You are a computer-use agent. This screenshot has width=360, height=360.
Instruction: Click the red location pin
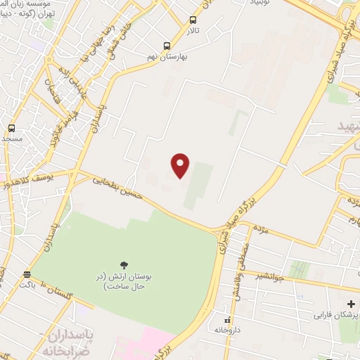tap(181, 165)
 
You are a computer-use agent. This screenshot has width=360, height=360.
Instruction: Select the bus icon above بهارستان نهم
tap(167, 46)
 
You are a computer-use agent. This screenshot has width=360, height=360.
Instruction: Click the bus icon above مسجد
tap(11, 128)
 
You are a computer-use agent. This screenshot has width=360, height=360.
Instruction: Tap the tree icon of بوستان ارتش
tap(124, 265)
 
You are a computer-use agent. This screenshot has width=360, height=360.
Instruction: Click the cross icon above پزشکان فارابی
tap(352, 303)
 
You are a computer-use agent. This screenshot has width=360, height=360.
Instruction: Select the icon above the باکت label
tap(27, 274)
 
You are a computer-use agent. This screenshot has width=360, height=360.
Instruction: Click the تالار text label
tap(193, 31)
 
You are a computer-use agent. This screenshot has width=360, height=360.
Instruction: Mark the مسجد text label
tap(12, 139)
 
